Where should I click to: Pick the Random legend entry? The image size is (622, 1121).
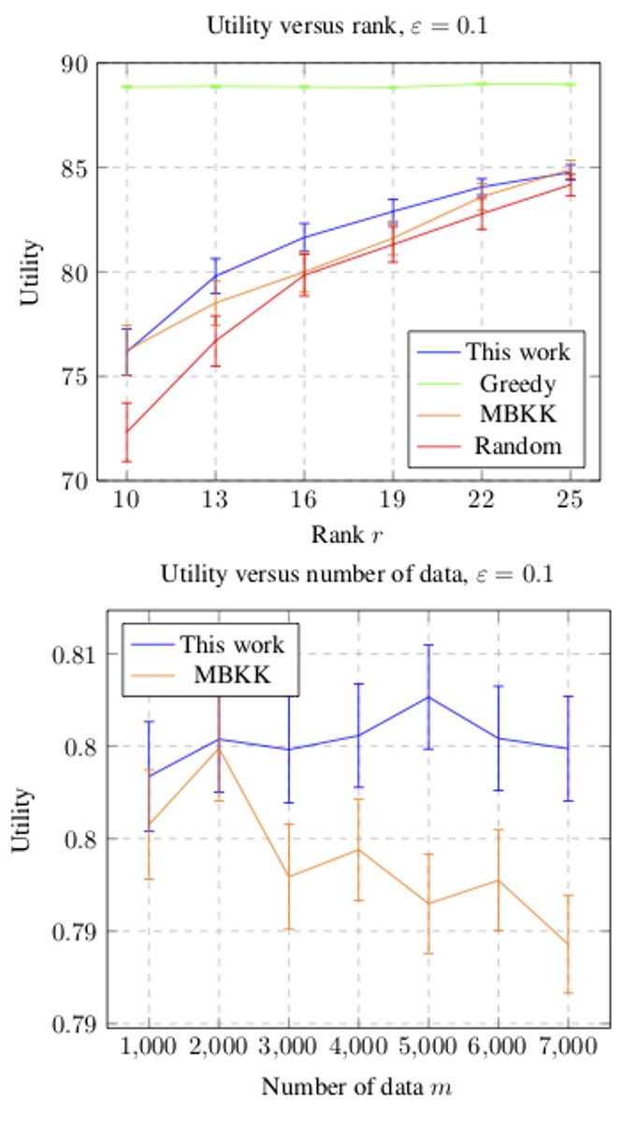(x=517, y=445)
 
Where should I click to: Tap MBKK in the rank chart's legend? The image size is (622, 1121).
(x=517, y=414)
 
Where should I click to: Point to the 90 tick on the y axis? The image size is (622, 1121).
(x=76, y=65)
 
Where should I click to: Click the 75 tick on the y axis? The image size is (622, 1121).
(x=76, y=377)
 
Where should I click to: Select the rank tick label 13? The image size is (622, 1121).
(x=215, y=501)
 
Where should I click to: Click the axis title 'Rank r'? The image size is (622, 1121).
(x=347, y=536)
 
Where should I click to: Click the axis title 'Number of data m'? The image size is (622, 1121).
(x=358, y=1087)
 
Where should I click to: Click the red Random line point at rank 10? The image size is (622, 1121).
(x=126, y=432)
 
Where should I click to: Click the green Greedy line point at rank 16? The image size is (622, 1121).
(x=304, y=87)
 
